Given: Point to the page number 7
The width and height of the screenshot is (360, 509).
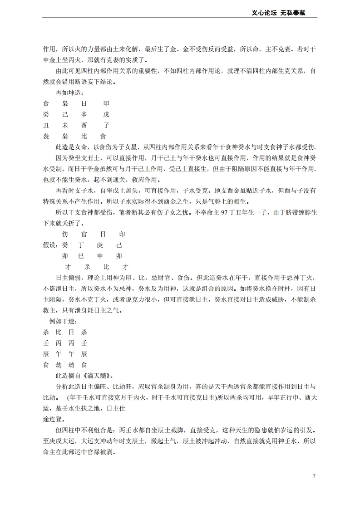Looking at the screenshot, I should pos(314,476).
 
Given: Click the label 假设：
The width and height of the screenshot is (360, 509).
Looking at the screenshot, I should pos(50,245).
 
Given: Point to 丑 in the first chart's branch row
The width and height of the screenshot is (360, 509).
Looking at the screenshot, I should pos(45,125).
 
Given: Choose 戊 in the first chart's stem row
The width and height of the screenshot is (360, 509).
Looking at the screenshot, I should pos(106,114).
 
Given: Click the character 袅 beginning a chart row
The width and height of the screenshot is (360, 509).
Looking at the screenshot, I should pos(45,136).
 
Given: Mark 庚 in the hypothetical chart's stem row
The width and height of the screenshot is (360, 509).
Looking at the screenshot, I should pos(100,245).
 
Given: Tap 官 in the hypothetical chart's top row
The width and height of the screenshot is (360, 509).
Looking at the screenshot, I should pos(84,234).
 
